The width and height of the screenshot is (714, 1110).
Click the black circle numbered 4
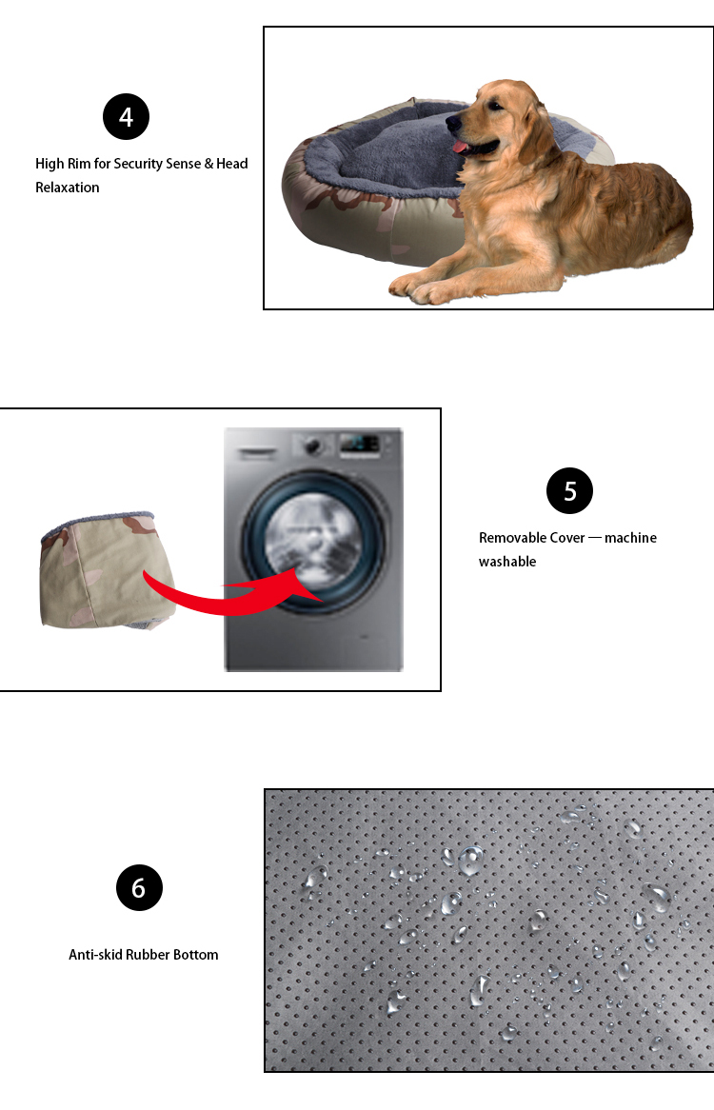pyautogui.click(x=126, y=117)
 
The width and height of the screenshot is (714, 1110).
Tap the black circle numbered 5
pyautogui.click(x=569, y=490)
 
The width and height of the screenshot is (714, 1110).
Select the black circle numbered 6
pyautogui.click(x=139, y=888)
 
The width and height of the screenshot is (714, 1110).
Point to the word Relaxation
pyautogui.click(x=68, y=188)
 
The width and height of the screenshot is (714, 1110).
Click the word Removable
pyautogui.click(x=513, y=538)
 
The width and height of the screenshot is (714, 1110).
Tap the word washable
pyautogui.click(x=507, y=562)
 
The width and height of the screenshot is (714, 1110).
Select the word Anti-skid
pyautogui.click(x=95, y=954)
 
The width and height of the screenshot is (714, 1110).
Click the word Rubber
pyautogui.click(x=148, y=954)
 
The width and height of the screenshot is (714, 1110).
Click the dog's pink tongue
pyautogui.click(x=461, y=147)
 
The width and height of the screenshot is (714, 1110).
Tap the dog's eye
pyautogui.click(x=493, y=107)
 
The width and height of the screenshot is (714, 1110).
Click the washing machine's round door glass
pyautogui.click(x=313, y=543)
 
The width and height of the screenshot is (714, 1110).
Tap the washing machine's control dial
pyautogui.click(x=313, y=446)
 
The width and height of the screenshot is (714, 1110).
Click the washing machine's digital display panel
pyautogui.click(x=360, y=444)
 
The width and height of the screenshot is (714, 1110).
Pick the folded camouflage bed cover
pyautogui.click(x=106, y=570)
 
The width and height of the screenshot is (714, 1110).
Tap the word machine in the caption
pyautogui.click(x=630, y=538)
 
